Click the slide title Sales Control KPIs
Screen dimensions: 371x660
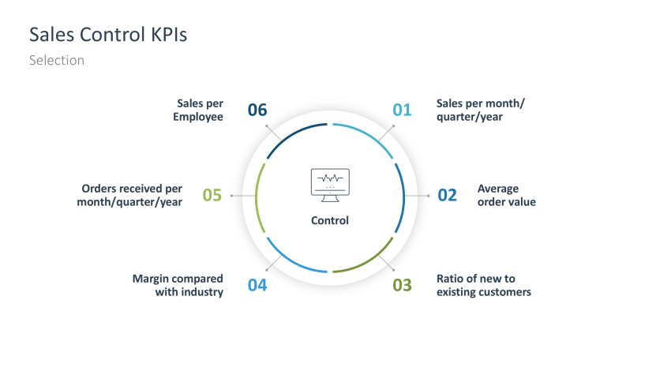tap(108, 35)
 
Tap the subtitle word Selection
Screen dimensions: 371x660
tap(57, 60)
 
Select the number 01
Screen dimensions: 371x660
tap(402, 110)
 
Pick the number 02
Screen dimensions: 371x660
tap(447, 195)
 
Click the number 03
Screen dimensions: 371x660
tap(402, 285)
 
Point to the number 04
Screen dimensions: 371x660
tap(257, 285)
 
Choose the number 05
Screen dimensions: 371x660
tap(212, 195)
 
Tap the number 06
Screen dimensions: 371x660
tap(257, 110)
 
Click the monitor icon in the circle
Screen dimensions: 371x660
tap(330, 182)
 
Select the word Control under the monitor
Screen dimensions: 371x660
tap(330, 220)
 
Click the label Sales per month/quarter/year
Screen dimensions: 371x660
tap(480, 110)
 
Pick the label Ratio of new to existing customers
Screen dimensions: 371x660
tap(483, 285)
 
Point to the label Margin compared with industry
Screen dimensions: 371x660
tap(178, 285)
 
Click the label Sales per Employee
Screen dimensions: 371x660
tap(200, 110)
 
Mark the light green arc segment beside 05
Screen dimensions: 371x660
tap(258, 195)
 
